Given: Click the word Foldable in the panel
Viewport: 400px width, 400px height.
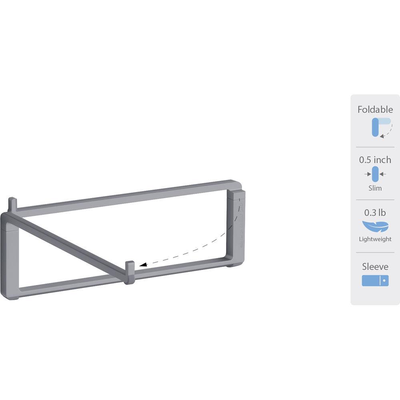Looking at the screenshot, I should click(375, 110).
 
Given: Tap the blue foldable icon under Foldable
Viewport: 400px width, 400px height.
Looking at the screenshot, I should click(377, 127).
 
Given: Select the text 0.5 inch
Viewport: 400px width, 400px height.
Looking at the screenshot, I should click(375, 160).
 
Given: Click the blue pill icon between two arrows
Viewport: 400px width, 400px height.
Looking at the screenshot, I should click(375, 174).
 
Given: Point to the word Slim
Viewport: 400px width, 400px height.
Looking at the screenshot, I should click(375, 188).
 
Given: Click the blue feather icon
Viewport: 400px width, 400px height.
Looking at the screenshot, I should click(375, 226).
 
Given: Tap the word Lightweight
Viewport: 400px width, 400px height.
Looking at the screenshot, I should click(375, 239).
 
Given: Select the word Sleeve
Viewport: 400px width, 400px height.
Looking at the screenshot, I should click(375, 266).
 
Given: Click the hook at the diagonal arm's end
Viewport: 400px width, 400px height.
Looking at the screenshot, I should click(129, 271).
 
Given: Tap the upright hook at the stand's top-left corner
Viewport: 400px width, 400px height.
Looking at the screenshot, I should click(12, 204).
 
